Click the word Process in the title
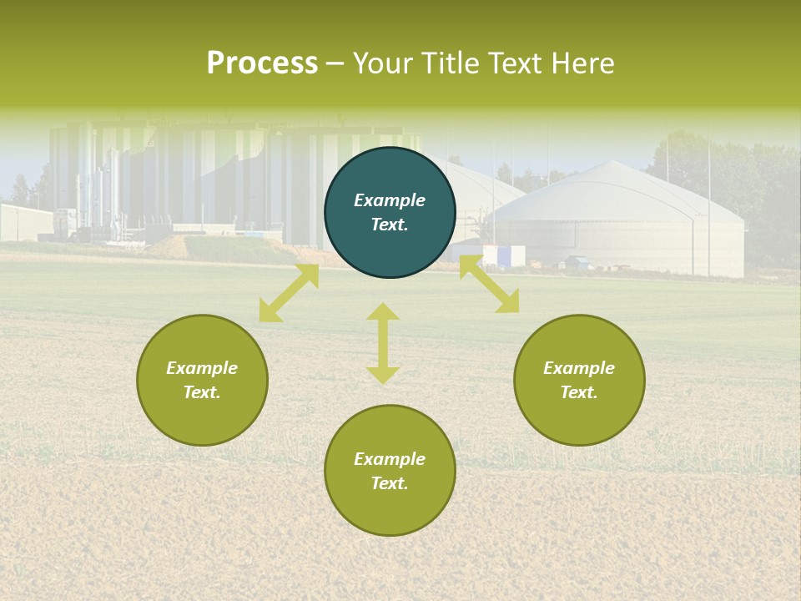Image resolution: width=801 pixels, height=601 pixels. pyautogui.click(x=262, y=63)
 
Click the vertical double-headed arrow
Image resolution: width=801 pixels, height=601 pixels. pyautogui.click(x=383, y=343)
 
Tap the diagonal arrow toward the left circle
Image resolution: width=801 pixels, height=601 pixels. pyautogui.click(x=289, y=293)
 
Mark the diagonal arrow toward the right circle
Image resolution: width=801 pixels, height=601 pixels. pyautogui.click(x=489, y=285)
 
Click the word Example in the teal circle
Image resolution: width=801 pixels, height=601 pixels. pyautogui.click(x=390, y=200)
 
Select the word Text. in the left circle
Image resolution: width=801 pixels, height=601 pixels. pyautogui.click(x=202, y=392)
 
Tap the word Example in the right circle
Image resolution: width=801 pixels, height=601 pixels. pyautogui.click(x=579, y=368)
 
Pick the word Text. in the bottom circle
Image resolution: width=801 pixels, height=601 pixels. pyautogui.click(x=390, y=483)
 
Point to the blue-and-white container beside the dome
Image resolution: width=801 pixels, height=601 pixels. pyautogui.click(x=504, y=255)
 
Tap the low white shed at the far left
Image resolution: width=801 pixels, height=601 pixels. pyautogui.click(x=25, y=222)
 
